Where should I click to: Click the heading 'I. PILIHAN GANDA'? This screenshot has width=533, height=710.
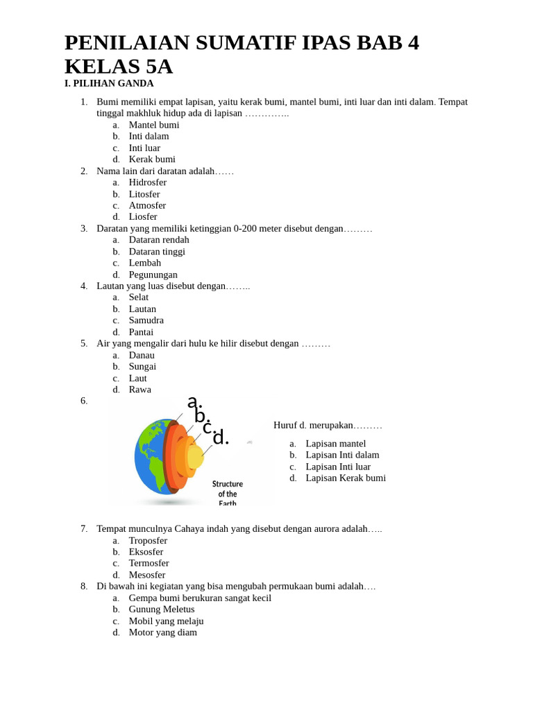click(109, 83)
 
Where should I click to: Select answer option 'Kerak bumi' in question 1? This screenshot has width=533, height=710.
click(152, 159)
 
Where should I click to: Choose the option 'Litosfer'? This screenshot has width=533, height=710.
click(144, 194)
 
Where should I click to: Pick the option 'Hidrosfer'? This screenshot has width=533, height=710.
click(148, 182)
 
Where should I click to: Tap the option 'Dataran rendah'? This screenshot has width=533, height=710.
click(159, 240)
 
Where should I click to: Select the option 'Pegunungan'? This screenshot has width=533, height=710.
click(153, 275)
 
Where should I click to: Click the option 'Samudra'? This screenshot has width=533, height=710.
click(146, 320)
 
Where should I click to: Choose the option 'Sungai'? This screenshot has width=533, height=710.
click(142, 366)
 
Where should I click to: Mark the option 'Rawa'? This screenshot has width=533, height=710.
click(139, 389)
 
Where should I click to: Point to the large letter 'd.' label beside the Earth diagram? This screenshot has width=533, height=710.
click(220, 438)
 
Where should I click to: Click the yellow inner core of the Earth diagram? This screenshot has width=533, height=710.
click(196, 457)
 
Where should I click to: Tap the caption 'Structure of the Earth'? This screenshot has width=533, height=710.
click(227, 493)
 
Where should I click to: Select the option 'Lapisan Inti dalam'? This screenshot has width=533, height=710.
click(342, 455)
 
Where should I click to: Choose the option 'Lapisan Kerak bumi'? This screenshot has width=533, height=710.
click(346, 478)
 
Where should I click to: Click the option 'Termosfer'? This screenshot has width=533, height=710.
click(149, 563)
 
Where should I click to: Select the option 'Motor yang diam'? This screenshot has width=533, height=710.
click(162, 632)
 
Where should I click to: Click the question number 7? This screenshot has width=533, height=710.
click(84, 528)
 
